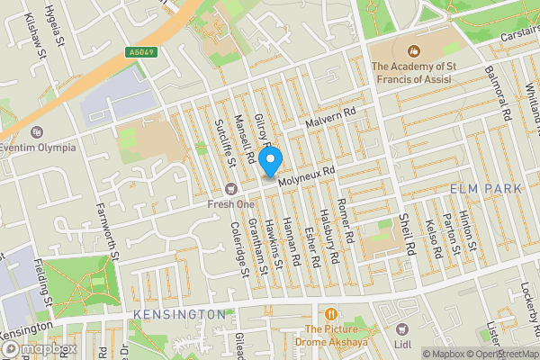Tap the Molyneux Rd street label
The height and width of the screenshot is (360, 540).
306,175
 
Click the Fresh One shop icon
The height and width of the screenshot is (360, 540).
231,188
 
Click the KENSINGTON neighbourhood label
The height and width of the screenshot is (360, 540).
179,314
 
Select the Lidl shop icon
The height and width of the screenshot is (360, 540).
402,330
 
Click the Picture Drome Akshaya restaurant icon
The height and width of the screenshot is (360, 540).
332,314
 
